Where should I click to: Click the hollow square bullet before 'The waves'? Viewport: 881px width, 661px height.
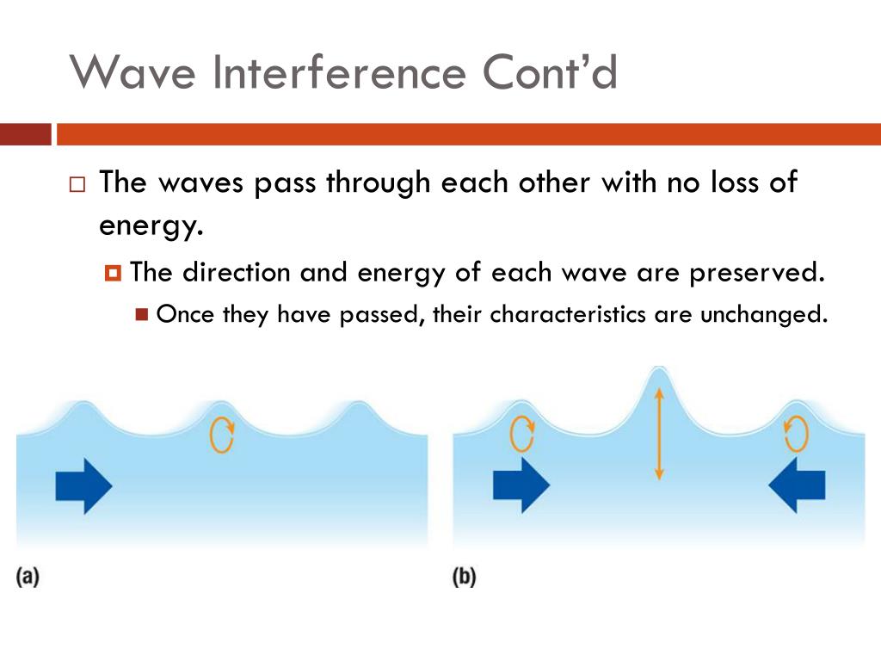click(77, 185)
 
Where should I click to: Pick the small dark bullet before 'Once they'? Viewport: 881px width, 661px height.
click(143, 314)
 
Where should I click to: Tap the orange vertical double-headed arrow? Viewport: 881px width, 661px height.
click(658, 434)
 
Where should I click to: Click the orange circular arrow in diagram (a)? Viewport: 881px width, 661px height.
click(222, 436)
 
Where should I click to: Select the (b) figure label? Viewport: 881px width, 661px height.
click(465, 577)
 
